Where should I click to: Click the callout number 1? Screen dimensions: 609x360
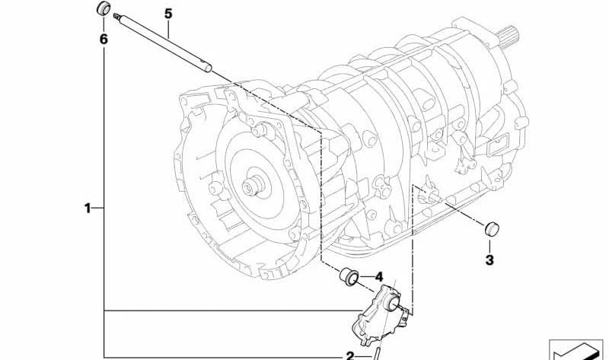[88, 209]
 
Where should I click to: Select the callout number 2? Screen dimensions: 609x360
[350, 355]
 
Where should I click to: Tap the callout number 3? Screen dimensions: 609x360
[489, 260]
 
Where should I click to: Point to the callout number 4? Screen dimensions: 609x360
[378, 277]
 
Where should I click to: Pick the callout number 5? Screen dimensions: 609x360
[167, 14]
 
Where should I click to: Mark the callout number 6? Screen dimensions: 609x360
[104, 39]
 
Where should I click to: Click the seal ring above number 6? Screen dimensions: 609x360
[104, 8]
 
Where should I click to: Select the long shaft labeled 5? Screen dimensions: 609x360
[163, 43]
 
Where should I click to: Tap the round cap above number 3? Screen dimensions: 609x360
[492, 228]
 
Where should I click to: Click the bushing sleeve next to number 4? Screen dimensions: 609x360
[349, 276]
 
